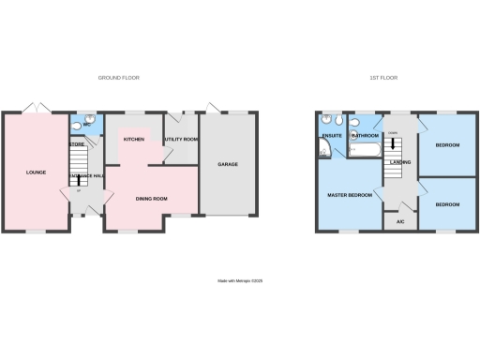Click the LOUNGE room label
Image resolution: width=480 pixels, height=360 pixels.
pyautogui.click(x=36, y=172)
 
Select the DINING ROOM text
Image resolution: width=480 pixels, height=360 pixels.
pyautogui.click(x=151, y=198)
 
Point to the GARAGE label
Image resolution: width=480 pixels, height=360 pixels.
pyautogui.click(x=228, y=164)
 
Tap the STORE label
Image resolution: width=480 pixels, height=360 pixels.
pyautogui.click(x=78, y=144)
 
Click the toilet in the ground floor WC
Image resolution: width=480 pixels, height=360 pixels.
pyautogui.click(x=77, y=123)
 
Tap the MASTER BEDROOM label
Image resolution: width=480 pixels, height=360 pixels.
pyautogui.click(x=350, y=195)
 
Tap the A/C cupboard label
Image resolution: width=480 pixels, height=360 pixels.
pyautogui.click(x=400, y=222)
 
